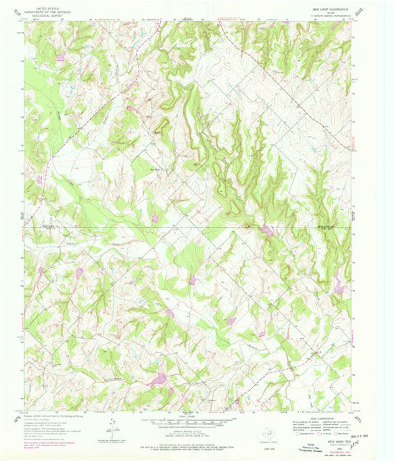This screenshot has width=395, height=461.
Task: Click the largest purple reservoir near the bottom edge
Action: (156, 380)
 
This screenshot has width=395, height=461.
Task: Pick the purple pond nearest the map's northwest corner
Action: (59, 56)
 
